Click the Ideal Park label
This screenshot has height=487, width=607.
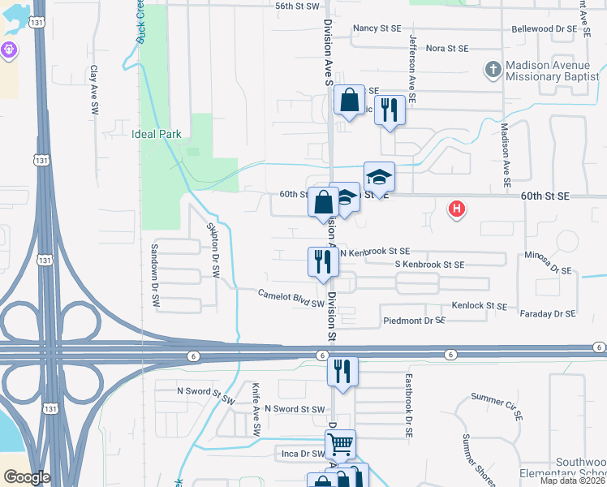coord(156,134)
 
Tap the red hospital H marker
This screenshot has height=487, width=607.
coord(458,209)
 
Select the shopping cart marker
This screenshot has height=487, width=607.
coord(340,444)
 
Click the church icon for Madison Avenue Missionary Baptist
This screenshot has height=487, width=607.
coord(493,70)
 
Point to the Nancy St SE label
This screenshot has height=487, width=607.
coord(377,28)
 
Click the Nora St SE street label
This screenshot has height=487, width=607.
coord(447,49)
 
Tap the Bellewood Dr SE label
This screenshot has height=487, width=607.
coord(545,29)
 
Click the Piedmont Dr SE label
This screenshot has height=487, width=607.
coord(415,321)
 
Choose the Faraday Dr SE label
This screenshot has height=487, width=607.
coord(547,313)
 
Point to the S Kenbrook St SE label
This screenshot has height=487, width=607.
coord(429,265)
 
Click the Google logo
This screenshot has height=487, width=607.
coord(27,477)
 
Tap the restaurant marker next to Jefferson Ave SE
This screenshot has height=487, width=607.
coord(390,110)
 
